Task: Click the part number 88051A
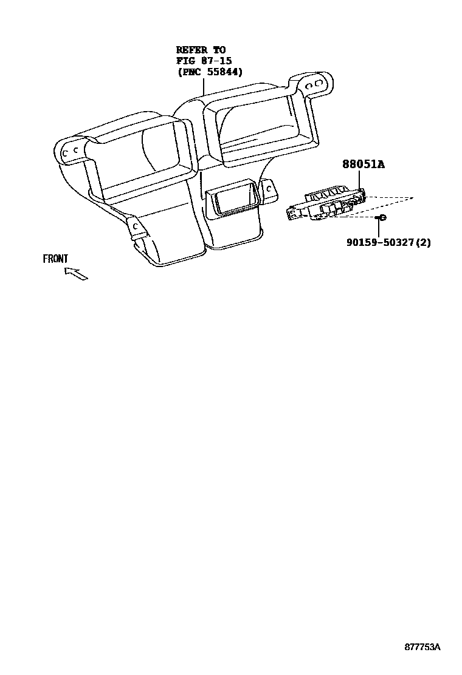pos(364,164)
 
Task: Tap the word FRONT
pos(55,259)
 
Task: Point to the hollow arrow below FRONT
pos(76,274)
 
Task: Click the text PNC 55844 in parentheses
pos(210,72)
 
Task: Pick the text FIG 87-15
pos(204,61)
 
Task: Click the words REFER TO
pos(201,50)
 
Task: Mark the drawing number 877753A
pos(422,647)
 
